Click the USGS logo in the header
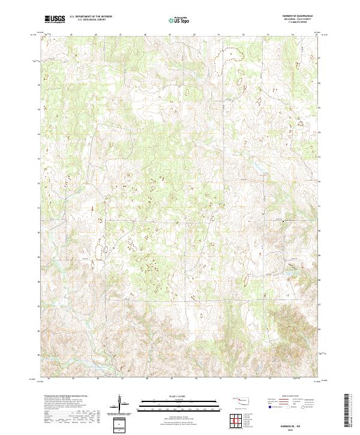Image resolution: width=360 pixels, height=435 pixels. (x=55, y=20)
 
